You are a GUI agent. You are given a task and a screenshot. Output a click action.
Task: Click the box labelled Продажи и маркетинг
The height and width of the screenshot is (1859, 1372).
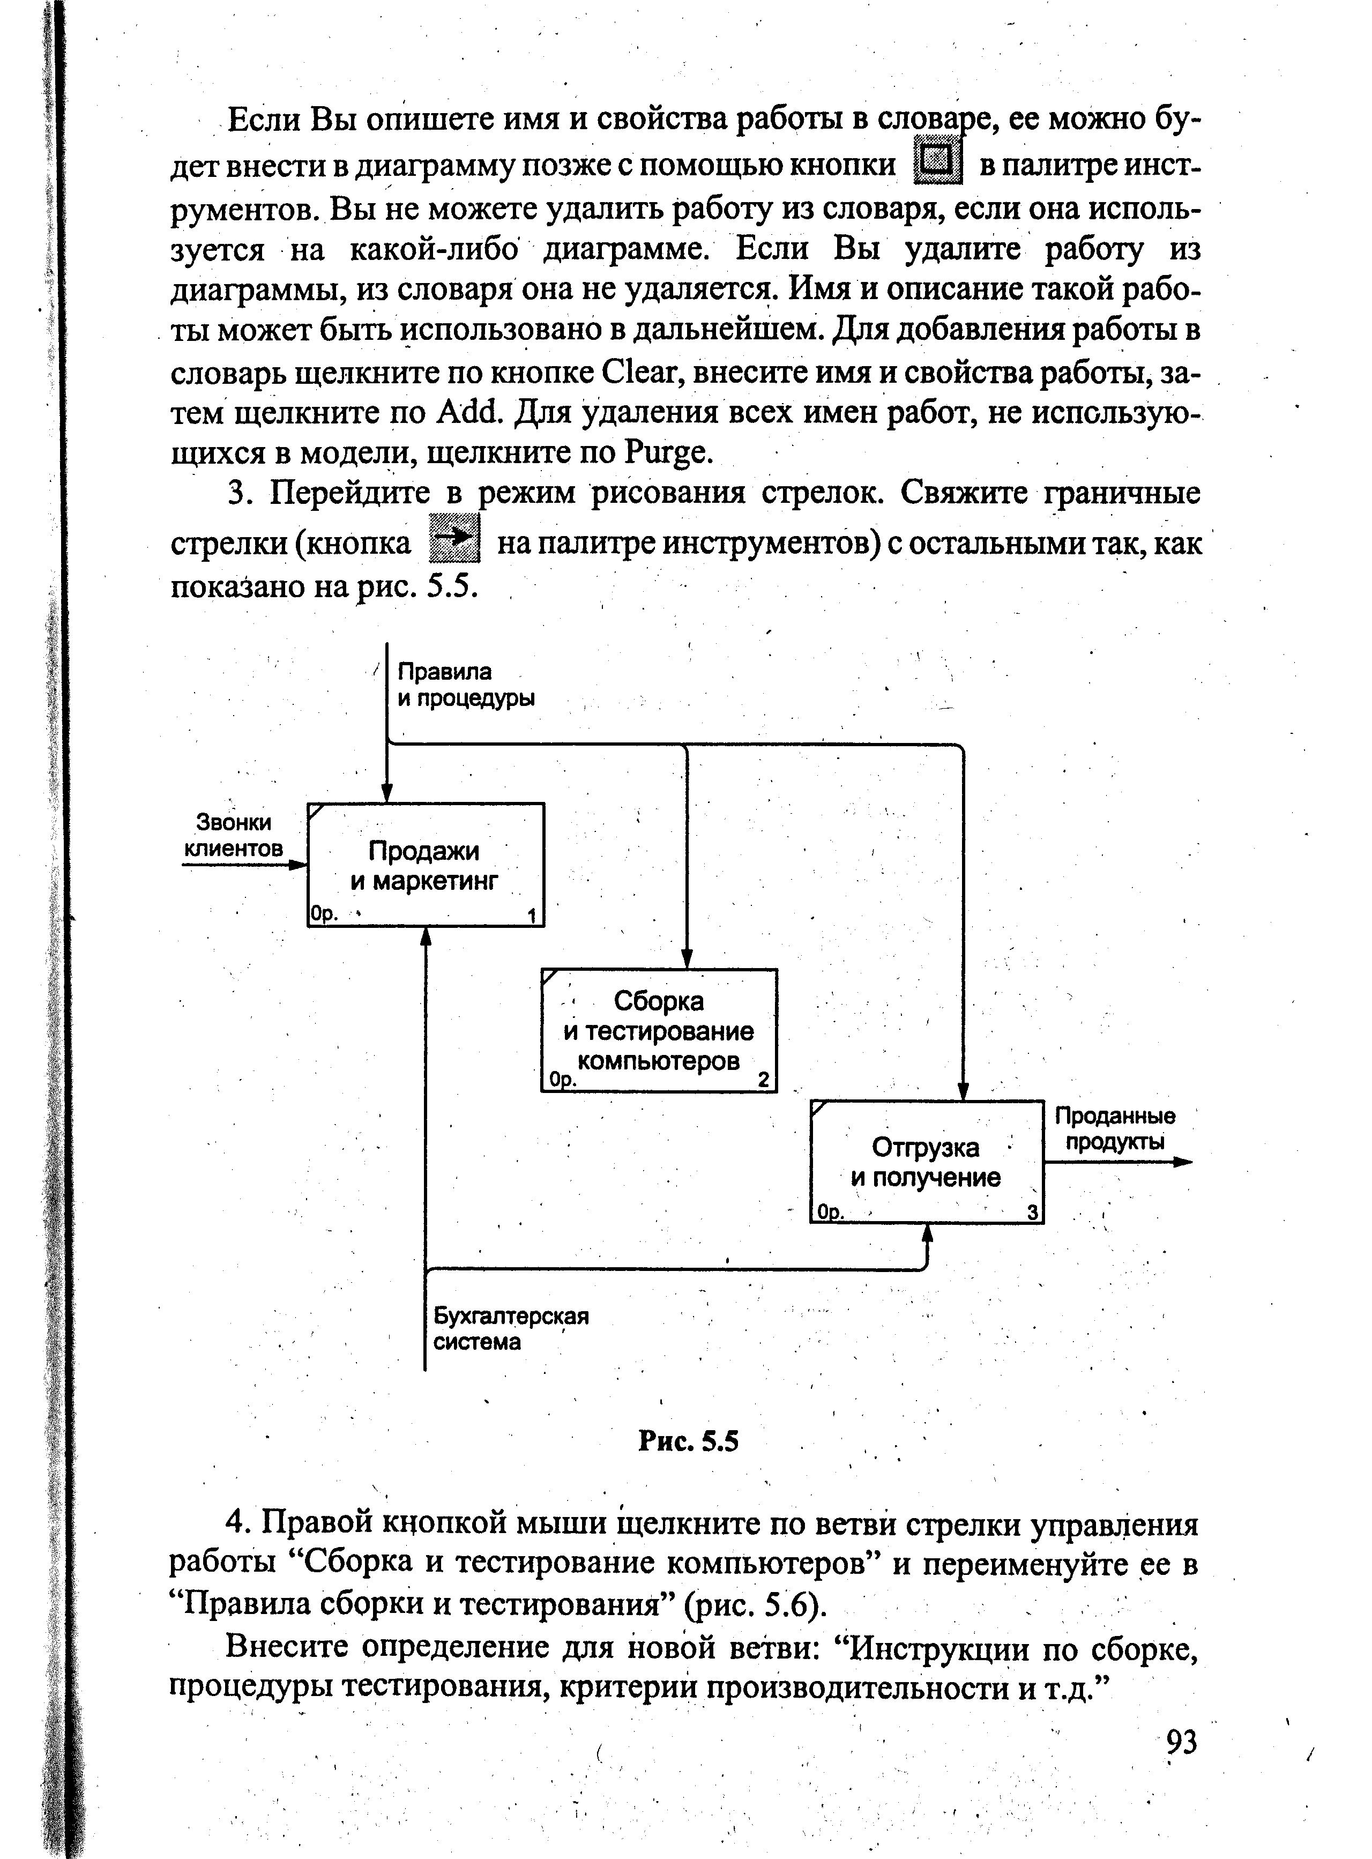coord(425,865)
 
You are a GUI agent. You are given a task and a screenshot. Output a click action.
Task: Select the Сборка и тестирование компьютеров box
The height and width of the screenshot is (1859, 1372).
coord(659,1030)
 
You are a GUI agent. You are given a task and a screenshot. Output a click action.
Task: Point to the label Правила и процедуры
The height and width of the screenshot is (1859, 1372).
coord(465,685)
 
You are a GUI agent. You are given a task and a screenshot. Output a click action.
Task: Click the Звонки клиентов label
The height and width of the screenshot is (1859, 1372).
coord(233,835)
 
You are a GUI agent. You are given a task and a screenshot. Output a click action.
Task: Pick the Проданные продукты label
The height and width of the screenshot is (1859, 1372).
coord(1115,1128)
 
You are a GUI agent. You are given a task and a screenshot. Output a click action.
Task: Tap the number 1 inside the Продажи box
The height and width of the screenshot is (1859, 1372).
coord(532,916)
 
